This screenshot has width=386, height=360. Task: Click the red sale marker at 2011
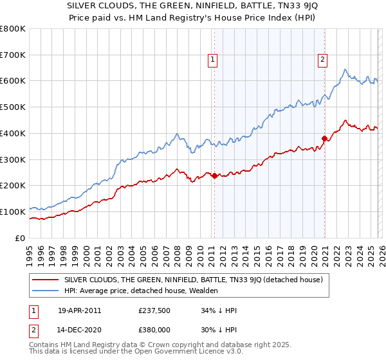tap(214, 175)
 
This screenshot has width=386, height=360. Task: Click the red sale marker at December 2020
tap(324, 138)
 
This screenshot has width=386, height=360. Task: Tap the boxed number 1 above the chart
tap(212, 60)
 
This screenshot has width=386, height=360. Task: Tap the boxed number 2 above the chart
tap(322, 60)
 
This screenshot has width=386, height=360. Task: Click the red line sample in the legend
tap(46, 280)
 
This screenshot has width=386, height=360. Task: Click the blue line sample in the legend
tap(46, 291)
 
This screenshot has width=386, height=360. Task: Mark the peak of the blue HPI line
tap(345, 69)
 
